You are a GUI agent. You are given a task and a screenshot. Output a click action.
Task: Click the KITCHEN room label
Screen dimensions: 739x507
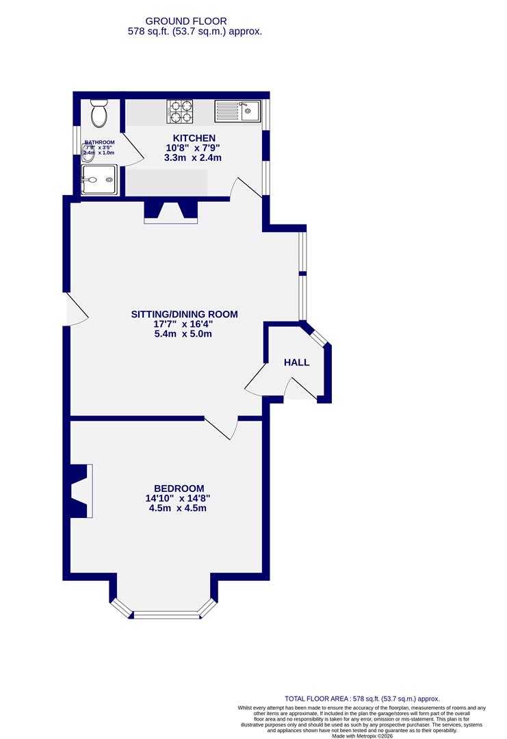pos(194,138)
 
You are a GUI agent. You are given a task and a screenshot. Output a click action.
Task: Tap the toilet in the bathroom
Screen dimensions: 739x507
pos(100,114)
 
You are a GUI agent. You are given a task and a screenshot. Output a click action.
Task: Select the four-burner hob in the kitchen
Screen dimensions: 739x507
pos(181,111)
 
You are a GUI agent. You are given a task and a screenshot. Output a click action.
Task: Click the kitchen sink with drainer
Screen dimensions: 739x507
pos(237,110)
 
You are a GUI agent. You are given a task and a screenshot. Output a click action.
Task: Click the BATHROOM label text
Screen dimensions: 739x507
pos(99,142)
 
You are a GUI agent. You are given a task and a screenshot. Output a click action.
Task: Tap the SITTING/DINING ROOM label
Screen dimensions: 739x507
pos(184,315)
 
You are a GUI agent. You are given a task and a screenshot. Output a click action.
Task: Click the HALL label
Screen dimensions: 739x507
pos(296,363)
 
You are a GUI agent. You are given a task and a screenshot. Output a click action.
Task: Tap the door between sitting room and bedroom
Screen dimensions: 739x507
pos(221,427)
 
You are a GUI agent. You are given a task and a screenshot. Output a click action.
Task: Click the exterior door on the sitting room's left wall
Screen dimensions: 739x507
pos(75,309)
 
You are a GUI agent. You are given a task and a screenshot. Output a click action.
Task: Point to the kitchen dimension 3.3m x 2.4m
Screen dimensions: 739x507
pos(193,158)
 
